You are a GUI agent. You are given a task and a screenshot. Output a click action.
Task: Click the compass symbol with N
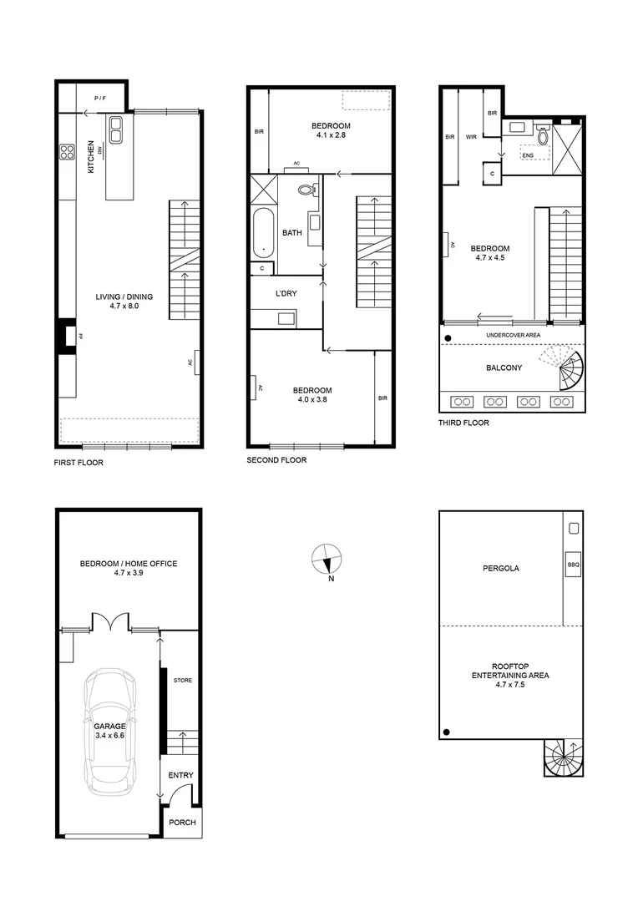[x=326, y=559]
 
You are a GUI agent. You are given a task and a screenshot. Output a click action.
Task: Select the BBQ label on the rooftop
[x=573, y=565]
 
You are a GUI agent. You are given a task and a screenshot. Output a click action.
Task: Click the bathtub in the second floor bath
[x=264, y=235]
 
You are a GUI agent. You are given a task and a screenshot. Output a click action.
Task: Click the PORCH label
[x=181, y=823]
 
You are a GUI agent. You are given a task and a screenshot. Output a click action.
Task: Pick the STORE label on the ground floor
[x=182, y=680]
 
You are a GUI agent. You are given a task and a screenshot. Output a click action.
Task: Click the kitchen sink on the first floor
[x=114, y=129]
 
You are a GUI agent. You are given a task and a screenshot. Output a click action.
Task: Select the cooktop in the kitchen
[x=67, y=152]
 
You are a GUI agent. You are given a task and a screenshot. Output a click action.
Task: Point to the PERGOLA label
[x=500, y=568]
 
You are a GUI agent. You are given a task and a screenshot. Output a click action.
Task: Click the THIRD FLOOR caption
[x=463, y=423]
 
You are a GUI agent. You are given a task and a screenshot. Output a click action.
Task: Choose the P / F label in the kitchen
[x=100, y=99]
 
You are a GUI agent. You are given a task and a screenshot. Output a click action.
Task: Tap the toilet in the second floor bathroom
[x=307, y=190]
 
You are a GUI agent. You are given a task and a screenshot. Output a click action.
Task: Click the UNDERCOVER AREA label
[x=512, y=335]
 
